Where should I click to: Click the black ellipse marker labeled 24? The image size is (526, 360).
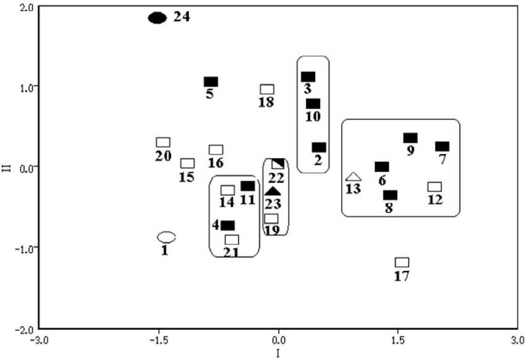pos(158,17)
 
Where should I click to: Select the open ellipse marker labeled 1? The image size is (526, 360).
pos(166,237)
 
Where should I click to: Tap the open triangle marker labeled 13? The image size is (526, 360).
pos(353,178)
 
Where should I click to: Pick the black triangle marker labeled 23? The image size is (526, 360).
pos(273,192)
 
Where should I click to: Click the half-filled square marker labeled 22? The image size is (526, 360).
pos(278,163)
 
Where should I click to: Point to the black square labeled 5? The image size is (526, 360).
pos(211,82)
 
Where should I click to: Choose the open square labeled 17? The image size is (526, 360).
pos(402,262)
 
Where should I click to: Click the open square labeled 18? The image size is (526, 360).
pos(267,90)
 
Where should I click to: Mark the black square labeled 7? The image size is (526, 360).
pos(442,147)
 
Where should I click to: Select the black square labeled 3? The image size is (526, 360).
pos(308,77)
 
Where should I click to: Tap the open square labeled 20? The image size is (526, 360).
pos(163,142)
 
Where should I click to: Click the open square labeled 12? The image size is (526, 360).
pos(435,187)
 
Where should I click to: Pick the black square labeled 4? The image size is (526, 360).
pos(227,226)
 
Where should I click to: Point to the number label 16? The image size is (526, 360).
pos(215,163)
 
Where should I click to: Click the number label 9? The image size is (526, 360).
pos(410,150)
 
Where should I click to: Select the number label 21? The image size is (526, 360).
pos(231,252)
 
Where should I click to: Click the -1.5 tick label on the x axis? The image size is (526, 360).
pos(159,340)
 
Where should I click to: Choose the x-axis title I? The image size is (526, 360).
pos(278,353)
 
